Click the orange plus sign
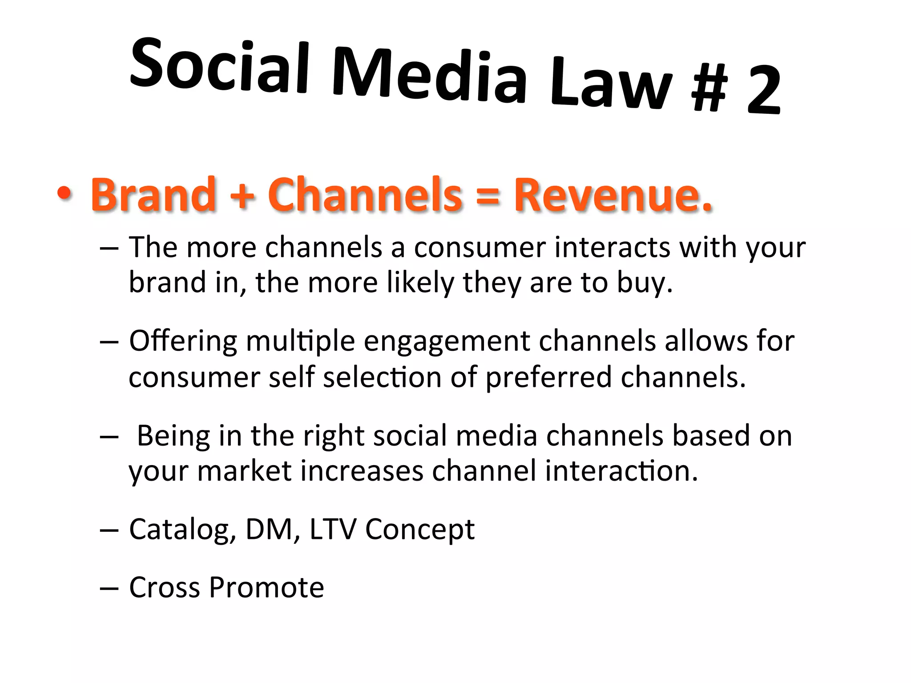tap(242, 196)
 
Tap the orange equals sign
tap(488, 196)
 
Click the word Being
tap(173, 436)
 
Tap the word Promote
tap(266, 587)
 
